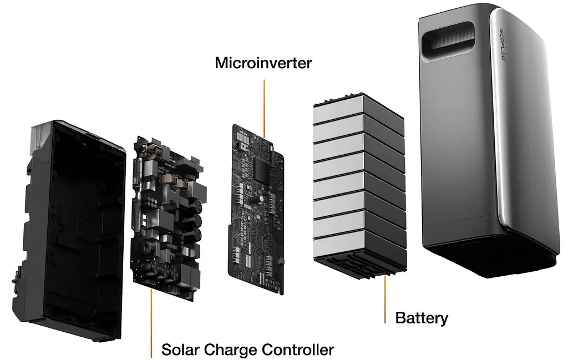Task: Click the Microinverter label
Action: click(x=263, y=63)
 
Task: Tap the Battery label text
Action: click(x=422, y=318)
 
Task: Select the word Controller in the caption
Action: click(x=298, y=350)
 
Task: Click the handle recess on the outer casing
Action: click(x=448, y=37)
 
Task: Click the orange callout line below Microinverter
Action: click(x=265, y=109)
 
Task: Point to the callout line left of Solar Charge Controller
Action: click(x=151, y=323)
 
